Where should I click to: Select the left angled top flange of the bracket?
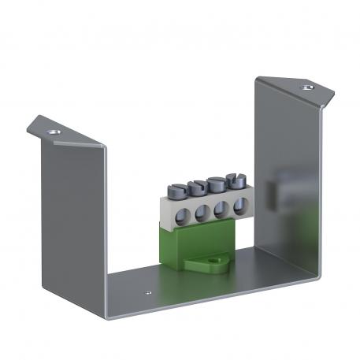[x=67, y=134]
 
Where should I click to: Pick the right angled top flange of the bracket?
[x=295, y=91]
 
